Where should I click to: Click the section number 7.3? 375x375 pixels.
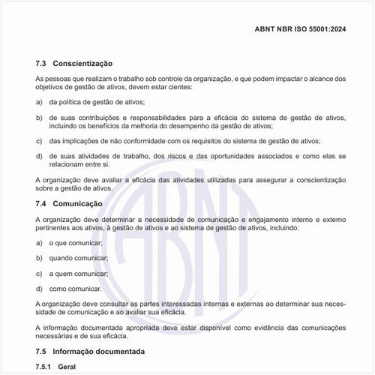click(x=42, y=64)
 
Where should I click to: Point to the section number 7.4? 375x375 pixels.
click(x=42, y=203)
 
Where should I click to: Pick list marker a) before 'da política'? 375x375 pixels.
click(x=39, y=101)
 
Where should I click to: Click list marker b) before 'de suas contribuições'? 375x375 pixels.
click(x=39, y=118)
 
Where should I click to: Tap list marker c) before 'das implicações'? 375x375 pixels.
click(x=39, y=140)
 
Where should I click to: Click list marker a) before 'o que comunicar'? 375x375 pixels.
click(x=39, y=243)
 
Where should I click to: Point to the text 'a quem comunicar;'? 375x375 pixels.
click(x=79, y=273)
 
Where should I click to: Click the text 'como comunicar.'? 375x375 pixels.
click(x=75, y=288)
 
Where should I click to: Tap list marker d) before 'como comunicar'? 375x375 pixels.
click(x=39, y=288)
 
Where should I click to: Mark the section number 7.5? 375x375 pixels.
click(x=42, y=351)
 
